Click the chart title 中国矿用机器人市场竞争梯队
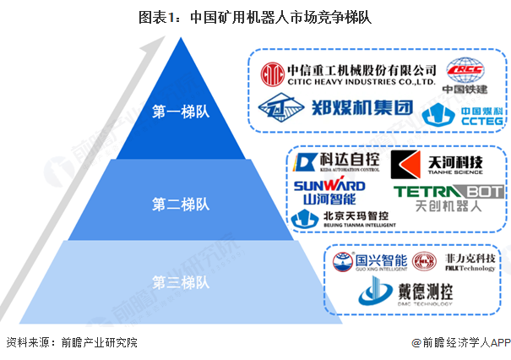click(x=254, y=15)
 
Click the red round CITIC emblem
click(x=271, y=76)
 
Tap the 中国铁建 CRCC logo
click(x=467, y=74)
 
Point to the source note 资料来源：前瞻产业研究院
click(x=71, y=343)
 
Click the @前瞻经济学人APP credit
click(x=458, y=343)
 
